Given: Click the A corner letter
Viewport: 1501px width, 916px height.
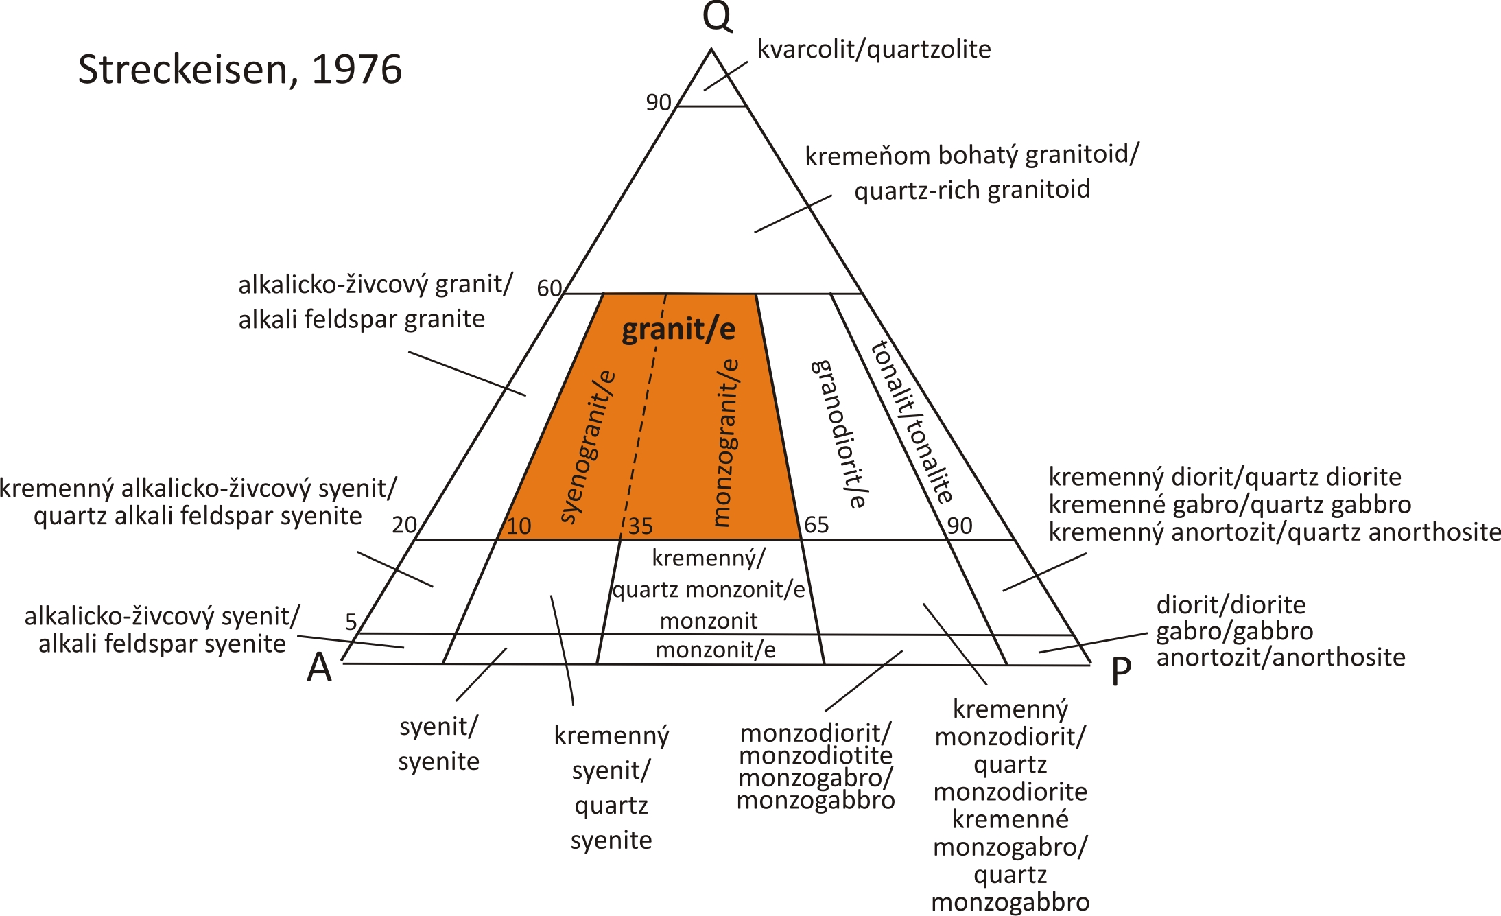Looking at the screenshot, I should tap(319, 667).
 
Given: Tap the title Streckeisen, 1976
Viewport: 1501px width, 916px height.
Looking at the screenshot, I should tap(239, 69).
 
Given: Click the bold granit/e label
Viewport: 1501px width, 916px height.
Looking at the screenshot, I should tap(678, 329).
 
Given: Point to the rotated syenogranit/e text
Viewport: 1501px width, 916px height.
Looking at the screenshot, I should tap(588, 447).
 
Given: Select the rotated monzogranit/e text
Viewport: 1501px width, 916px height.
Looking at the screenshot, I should tap(724, 443).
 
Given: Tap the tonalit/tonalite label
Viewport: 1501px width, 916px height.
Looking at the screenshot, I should tap(912, 423).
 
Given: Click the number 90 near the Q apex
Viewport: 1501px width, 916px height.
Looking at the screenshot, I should tap(658, 102).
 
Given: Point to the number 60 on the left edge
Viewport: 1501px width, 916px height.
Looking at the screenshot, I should tap(549, 288).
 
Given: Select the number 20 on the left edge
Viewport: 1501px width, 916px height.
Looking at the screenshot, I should tap(404, 525).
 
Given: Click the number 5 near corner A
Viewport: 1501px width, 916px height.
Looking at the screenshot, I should tap(351, 622).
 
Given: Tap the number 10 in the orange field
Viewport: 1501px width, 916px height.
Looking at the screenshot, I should tap(519, 526).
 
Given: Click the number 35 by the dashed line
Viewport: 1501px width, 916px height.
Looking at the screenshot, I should tap(641, 526).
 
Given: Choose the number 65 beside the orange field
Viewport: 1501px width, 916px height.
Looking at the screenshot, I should tap(816, 525).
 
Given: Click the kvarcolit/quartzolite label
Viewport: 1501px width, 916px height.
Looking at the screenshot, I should tap(874, 49).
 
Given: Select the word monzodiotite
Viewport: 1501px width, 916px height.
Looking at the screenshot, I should tap(816, 755).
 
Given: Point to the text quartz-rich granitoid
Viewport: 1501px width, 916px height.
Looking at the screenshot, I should tap(972, 189).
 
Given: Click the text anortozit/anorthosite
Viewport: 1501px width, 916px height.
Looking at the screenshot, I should tap(1281, 657).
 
